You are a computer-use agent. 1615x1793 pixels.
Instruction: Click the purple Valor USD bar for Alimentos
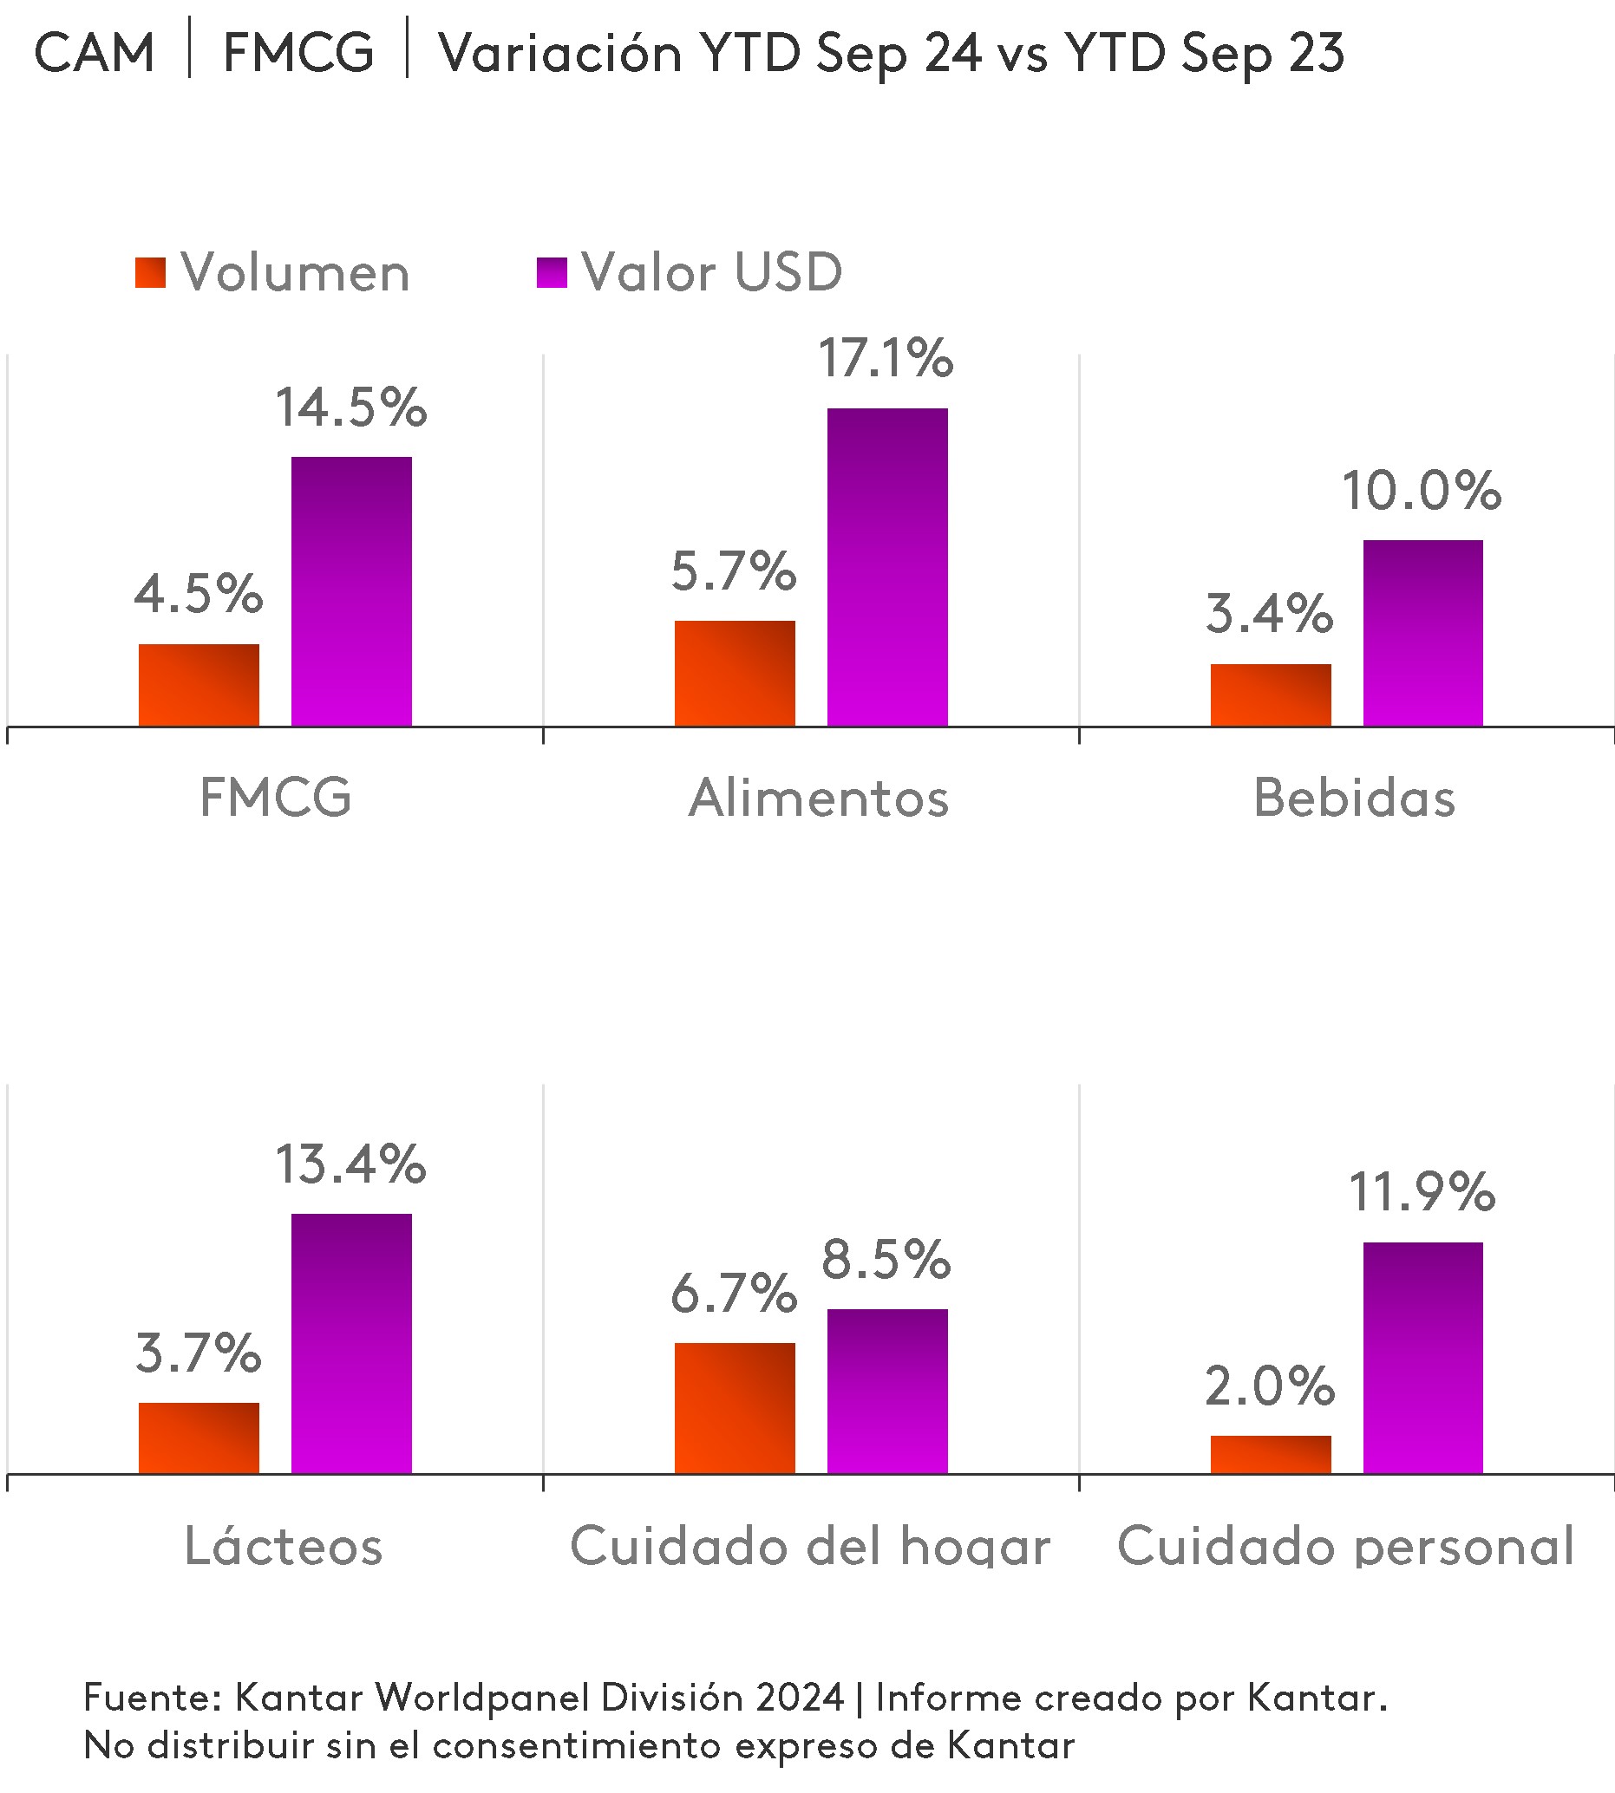[x=886, y=567]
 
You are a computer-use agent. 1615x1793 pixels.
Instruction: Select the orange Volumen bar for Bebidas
[x=1270, y=694]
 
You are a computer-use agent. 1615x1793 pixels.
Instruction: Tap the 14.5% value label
[x=350, y=408]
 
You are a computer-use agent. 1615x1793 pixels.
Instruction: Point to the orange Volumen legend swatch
[x=150, y=272]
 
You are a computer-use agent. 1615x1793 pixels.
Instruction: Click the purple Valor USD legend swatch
[x=551, y=272]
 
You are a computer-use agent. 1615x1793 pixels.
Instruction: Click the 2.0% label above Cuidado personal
[x=1269, y=1386]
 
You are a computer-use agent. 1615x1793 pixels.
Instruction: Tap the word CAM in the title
[x=94, y=52]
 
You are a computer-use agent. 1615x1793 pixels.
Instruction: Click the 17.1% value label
[x=885, y=358]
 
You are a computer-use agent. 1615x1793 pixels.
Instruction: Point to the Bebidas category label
[x=1354, y=798]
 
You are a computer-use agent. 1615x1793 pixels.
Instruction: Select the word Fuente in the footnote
[x=151, y=1697]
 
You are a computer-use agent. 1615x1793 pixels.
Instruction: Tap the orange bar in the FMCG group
[x=199, y=685]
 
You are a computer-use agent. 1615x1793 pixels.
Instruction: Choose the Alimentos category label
[x=818, y=798]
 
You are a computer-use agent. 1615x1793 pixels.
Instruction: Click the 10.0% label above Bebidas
[x=1421, y=491]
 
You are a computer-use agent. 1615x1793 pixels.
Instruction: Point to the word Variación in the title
[x=560, y=52]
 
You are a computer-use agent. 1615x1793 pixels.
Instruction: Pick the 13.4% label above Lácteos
[x=350, y=1164]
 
